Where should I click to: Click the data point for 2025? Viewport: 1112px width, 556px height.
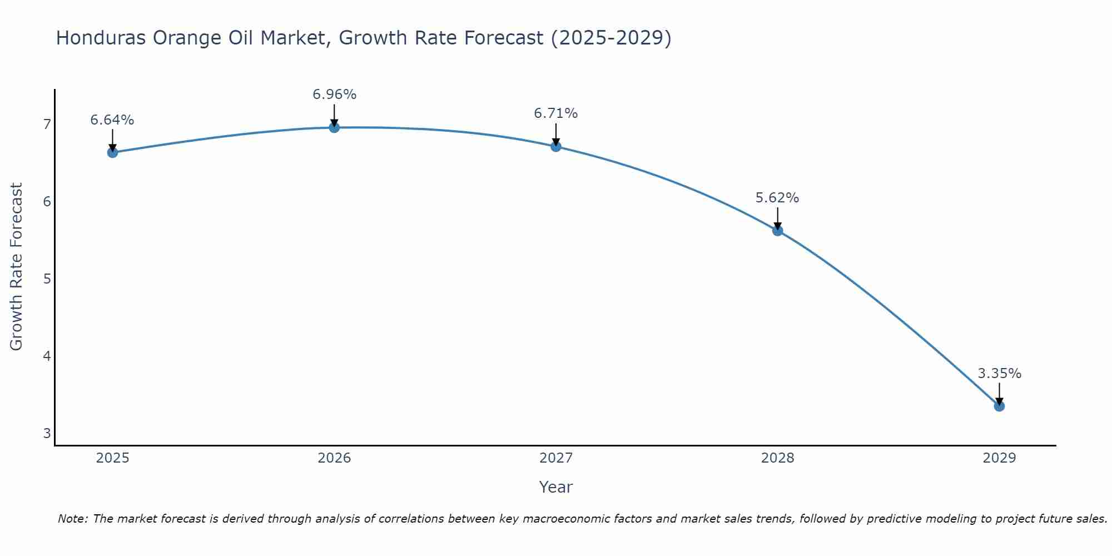pos(112,152)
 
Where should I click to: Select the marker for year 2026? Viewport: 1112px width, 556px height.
pos(334,127)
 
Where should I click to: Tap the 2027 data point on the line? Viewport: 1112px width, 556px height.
pos(556,147)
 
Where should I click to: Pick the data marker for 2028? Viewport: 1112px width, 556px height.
pos(777,231)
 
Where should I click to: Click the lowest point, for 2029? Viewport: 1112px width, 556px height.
pos(999,406)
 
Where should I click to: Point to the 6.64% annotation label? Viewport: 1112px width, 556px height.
pos(112,120)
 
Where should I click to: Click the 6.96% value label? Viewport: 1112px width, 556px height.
pos(334,95)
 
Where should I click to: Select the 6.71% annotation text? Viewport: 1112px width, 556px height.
pos(556,113)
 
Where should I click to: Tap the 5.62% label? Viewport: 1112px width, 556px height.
pos(777,198)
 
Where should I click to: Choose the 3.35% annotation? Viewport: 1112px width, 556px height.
pos(999,374)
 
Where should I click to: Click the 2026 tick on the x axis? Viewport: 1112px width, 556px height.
pos(334,458)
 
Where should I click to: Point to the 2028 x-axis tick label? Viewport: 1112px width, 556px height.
pos(777,458)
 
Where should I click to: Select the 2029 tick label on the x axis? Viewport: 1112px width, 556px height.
pos(999,458)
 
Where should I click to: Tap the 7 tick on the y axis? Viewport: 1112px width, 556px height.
pos(47,124)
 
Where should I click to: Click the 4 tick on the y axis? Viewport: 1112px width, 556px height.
pos(47,356)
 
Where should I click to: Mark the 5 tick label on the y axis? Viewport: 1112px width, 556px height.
pos(47,279)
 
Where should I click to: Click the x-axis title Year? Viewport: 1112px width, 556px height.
pos(555,487)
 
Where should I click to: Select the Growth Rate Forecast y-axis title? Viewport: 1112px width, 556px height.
pos(17,267)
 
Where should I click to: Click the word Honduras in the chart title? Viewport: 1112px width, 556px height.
pos(100,38)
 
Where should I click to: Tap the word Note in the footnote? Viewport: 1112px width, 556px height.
pos(72,519)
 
